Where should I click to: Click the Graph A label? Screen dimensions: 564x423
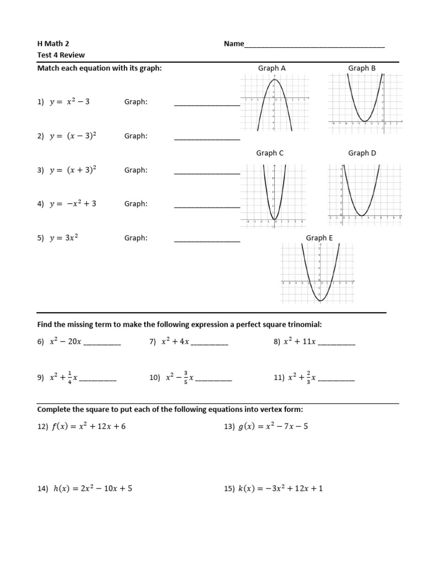click(272, 68)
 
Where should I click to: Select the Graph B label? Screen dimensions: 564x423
click(361, 68)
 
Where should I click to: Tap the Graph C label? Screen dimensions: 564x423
click(270, 153)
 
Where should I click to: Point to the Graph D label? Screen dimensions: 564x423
click(362, 153)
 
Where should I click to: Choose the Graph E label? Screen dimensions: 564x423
click(319, 238)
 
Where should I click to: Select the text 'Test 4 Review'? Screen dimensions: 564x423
click(61, 55)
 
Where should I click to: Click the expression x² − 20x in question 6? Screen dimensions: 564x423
click(66, 341)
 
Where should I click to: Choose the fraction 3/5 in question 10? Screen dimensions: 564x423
click(186, 377)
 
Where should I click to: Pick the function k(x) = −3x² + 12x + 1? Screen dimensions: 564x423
click(280, 488)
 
